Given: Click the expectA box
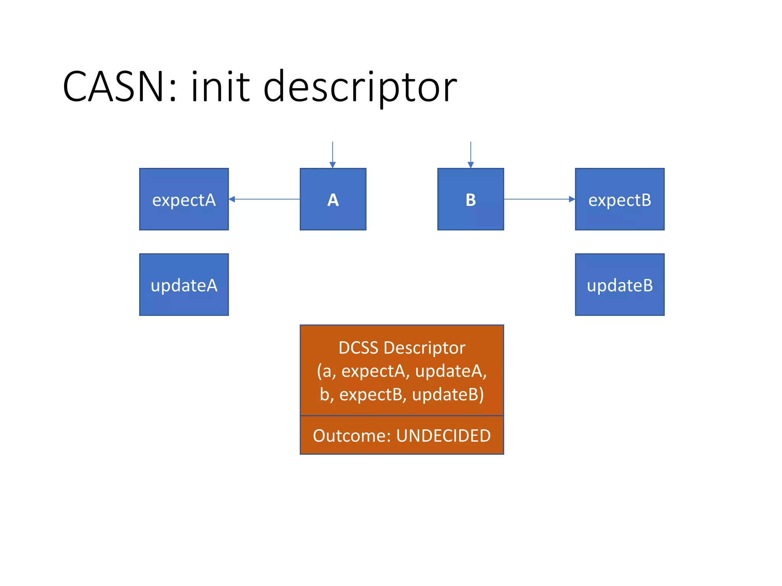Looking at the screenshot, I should point(184,199).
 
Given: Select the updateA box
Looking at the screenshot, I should point(184,285).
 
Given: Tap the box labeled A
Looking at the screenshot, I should point(333,199).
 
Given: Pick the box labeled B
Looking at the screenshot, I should point(470,199).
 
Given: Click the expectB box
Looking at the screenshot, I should point(619,199).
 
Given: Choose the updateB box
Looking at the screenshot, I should point(619,285).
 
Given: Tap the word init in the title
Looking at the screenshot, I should point(220,87).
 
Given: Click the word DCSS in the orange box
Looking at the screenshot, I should point(358,348).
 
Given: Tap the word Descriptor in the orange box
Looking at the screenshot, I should point(424,348).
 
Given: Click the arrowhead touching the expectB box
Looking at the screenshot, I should point(572,199).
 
